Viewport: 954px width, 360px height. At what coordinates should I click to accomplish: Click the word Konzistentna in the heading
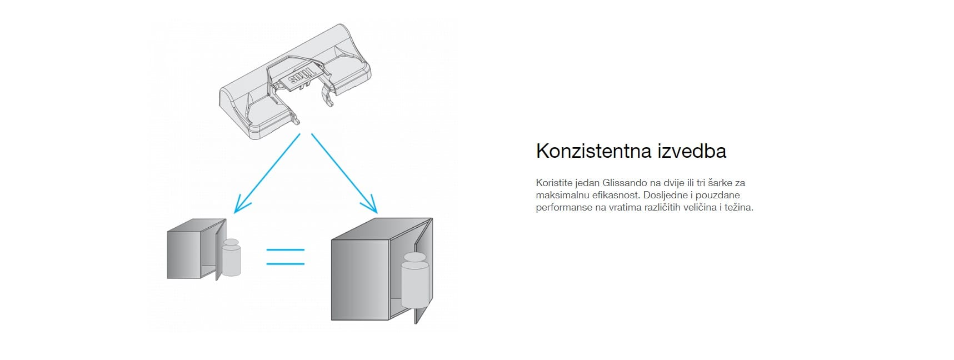pyautogui.click(x=594, y=151)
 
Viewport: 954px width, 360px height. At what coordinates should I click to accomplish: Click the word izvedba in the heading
pyautogui.click(x=692, y=151)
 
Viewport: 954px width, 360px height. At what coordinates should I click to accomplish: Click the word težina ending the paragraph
pyautogui.click(x=739, y=207)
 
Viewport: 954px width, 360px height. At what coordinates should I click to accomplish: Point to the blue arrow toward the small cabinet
pyautogui.click(x=268, y=173)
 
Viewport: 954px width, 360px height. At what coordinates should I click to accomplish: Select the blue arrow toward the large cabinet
pyautogui.click(x=344, y=173)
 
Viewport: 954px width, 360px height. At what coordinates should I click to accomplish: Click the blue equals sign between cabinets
pyautogui.click(x=286, y=256)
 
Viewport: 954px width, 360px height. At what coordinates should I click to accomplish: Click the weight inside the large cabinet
pyautogui.click(x=414, y=280)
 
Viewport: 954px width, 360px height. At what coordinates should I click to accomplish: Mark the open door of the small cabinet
pyautogui.click(x=221, y=249)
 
